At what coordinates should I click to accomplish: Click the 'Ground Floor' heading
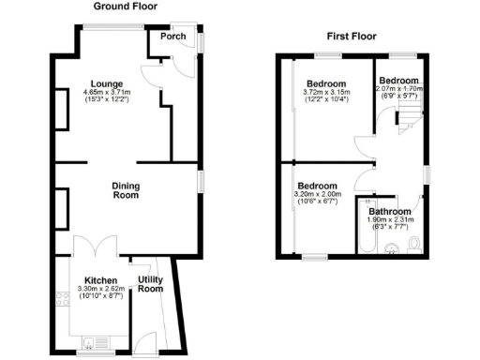(126, 7)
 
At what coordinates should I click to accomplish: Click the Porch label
(173, 37)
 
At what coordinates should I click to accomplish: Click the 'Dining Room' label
(125, 190)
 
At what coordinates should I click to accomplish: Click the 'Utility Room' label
(150, 284)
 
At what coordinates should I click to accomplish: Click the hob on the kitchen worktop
(64, 301)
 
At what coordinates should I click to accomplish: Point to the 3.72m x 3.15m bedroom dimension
(326, 92)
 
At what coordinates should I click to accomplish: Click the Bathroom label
(390, 212)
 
